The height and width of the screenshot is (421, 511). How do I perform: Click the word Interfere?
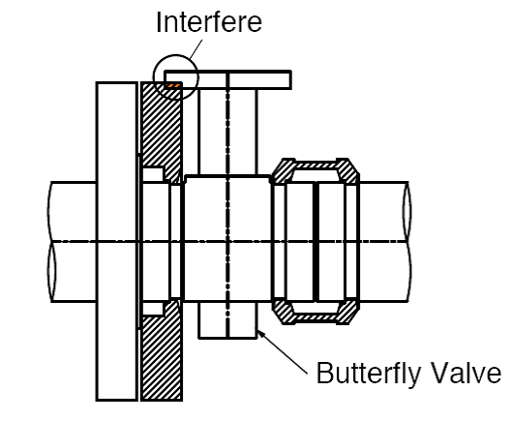pyautogui.click(x=209, y=22)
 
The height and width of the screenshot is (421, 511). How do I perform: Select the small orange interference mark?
pyautogui.click(x=173, y=86)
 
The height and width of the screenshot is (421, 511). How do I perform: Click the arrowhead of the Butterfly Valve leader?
pyautogui.click(x=261, y=334)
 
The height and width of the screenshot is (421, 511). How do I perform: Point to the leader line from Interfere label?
pyautogui.click(x=195, y=50)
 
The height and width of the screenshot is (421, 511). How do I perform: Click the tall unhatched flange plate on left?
pyautogui.click(x=116, y=241)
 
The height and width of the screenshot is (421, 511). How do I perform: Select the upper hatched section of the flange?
pyautogui.click(x=162, y=131)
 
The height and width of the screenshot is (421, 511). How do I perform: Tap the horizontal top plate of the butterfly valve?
pyautogui.click(x=227, y=79)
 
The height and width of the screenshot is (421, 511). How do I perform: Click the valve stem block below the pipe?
pyautogui.click(x=227, y=320)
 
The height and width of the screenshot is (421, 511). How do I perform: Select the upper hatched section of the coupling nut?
pyautogui.click(x=316, y=170)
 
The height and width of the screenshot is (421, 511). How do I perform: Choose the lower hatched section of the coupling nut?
pyautogui.click(x=316, y=312)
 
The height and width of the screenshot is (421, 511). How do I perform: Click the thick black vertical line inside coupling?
pyautogui.click(x=316, y=241)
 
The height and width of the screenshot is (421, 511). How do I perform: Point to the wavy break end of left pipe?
pyautogui.click(x=51, y=241)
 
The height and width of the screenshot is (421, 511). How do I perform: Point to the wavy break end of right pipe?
pyautogui.click(x=407, y=241)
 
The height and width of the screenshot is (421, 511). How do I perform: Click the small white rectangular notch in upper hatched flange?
pyautogui.click(x=153, y=174)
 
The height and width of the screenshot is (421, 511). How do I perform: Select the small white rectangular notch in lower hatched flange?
pyautogui.click(x=153, y=309)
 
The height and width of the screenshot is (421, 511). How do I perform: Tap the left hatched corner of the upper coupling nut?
pyautogui.click(x=282, y=171)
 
